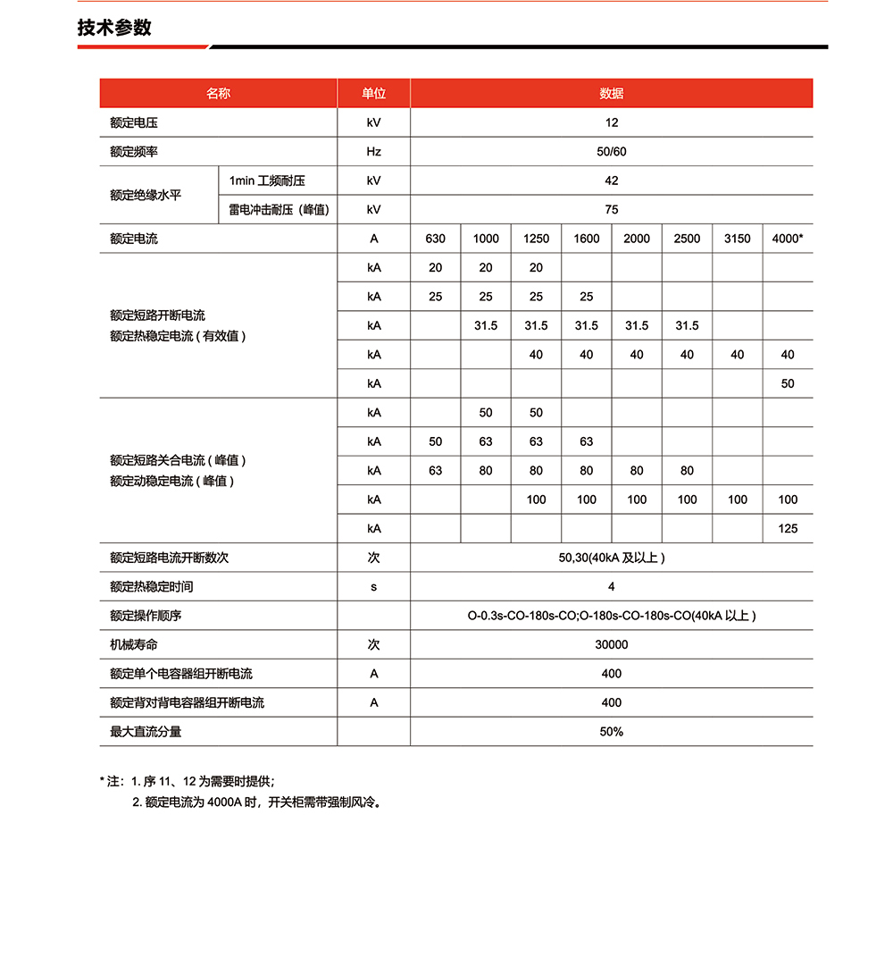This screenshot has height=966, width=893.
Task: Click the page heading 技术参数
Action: pos(114,28)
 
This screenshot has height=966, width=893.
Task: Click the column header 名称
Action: pos(218,94)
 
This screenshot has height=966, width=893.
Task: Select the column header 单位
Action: pos(373,94)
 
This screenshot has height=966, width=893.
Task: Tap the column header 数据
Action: pos(611,94)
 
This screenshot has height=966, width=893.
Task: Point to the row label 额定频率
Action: pos(134,152)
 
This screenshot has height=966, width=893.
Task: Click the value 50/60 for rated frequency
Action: pos(611,152)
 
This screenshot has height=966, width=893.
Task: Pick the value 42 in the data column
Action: pos(611,181)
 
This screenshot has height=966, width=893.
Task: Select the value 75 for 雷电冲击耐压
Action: pos(611,210)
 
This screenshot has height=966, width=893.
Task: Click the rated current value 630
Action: pos(435,239)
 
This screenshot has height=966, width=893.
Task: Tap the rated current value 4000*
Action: pos(787,239)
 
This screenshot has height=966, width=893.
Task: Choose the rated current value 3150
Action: pos(737,239)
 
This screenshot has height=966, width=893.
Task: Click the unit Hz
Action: pos(373,152)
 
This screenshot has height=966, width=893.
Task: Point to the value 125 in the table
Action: pos(787,529)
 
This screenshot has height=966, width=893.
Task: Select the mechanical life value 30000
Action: pos(611,645)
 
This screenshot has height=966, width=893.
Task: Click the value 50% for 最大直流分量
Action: pos(611,732)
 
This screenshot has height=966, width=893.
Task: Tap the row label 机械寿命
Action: pos(134,645)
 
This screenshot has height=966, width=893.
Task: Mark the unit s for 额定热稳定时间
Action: pos(373,587)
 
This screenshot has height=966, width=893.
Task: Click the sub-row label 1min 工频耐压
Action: pos(267,181)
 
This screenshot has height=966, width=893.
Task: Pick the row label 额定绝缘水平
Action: pos(146,195)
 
